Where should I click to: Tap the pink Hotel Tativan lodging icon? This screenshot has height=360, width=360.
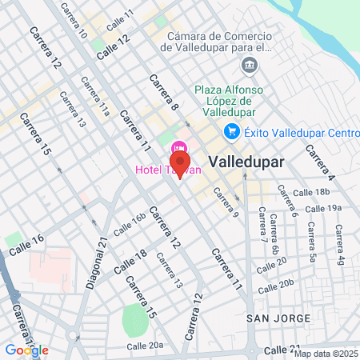(x=179, y=147)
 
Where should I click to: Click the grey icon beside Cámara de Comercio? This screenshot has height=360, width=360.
(x=250, y=63)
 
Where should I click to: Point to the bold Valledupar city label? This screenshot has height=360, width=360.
(x=246, y=162)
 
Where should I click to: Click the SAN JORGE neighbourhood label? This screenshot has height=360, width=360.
(x=278, y=318)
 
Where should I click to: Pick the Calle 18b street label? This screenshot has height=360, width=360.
(x=312, y=192)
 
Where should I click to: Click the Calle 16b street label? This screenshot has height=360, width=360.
(x=129, y=224)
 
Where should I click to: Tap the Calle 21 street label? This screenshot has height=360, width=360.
(x=282, y=350)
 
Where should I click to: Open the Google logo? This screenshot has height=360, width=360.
(x=26, y=350)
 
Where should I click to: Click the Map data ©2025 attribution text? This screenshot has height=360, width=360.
(x=326, y=354)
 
